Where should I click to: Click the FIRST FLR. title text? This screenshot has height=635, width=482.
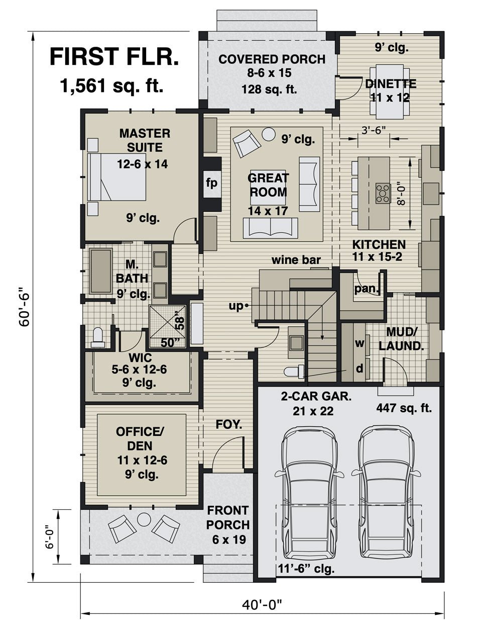(x=114, y=57)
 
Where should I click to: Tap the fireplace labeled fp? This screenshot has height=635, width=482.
(x=212, y=184)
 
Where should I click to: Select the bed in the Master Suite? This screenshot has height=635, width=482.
(x=116, y=176)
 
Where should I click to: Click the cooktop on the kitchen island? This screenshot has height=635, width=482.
(x=383, y=193)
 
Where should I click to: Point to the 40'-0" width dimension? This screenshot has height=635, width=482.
(x=262, y=605)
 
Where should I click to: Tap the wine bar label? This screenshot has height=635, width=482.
(x=296, y=260)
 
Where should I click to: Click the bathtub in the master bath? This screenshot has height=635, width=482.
(x=100, y=270)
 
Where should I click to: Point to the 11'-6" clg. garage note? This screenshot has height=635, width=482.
(x=306, y=569)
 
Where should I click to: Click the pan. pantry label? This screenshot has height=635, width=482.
(x=368, y=289)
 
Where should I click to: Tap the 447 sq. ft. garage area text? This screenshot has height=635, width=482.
(x=404, y=408)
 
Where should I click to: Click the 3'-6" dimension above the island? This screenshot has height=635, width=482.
(x=374, y=130)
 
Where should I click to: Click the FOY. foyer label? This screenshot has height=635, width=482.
(x=228, y=424)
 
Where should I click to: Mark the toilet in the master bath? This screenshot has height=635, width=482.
(x=97, y=337)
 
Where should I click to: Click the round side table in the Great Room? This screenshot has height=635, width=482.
(x=269, y=133)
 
